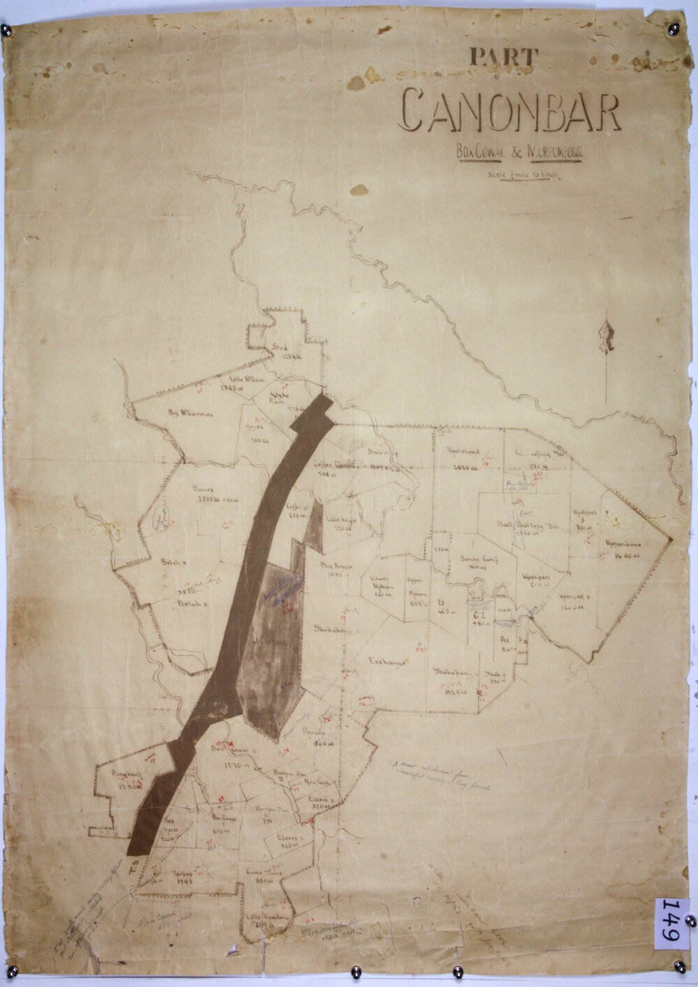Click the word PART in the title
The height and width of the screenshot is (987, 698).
504,57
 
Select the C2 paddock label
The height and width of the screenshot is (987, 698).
478,616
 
